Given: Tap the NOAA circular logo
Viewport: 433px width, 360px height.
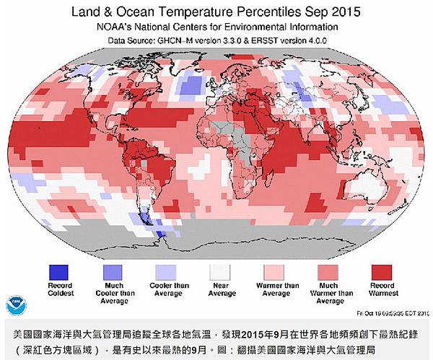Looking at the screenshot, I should [16, 304].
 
